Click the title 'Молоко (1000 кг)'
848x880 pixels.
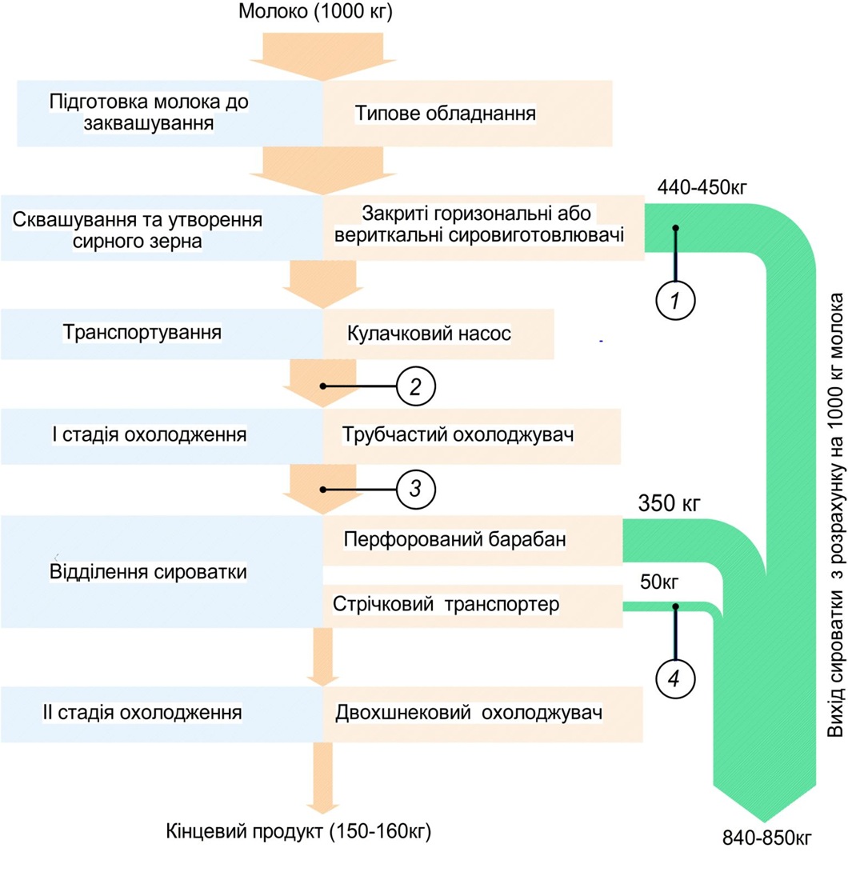(317, 13)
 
